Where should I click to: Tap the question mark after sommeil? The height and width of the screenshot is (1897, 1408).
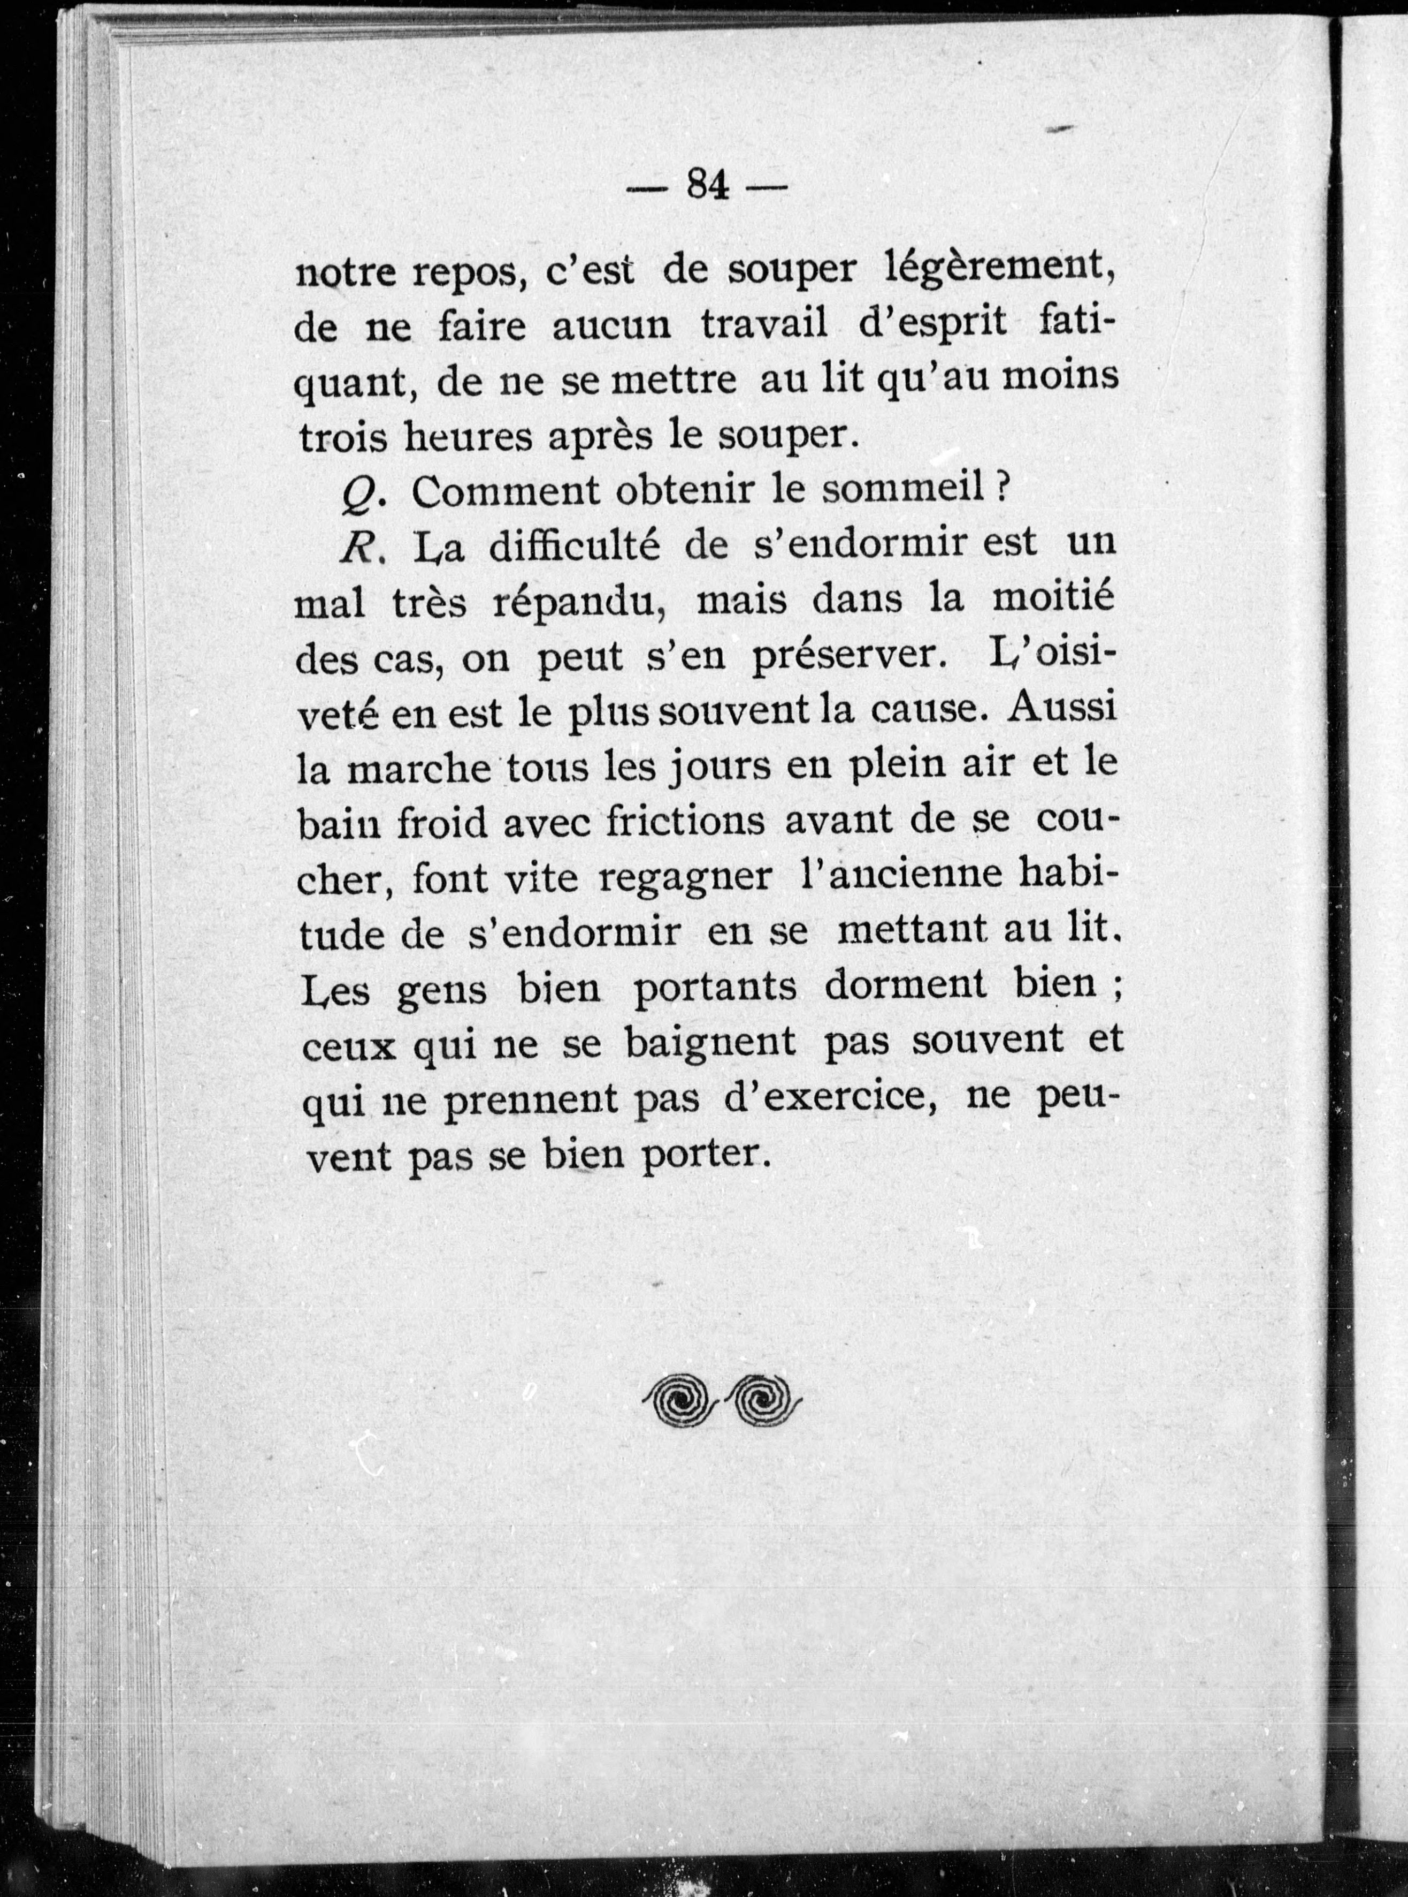pos(1003,489)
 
